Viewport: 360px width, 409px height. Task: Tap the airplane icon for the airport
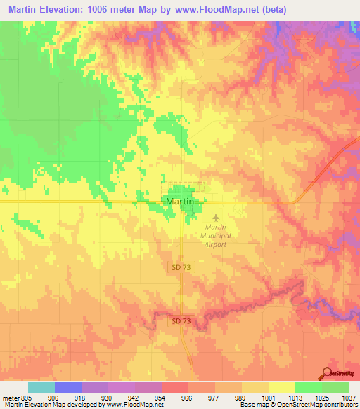216,217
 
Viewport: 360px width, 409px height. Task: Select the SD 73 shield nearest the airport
181,267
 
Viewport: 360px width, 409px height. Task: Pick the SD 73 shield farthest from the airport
181,321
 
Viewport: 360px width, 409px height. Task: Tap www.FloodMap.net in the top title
249,9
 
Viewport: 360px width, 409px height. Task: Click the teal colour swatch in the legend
41,387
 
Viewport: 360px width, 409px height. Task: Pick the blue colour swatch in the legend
67,387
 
